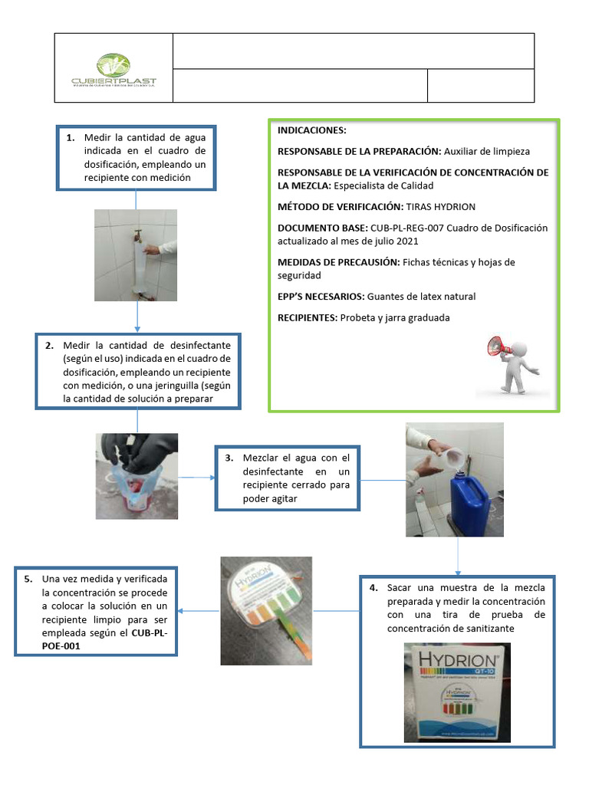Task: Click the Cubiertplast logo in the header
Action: click(x=114, y=70)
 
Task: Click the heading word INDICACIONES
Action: click(x=312, y=131)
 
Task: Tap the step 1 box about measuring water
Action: click(x=136, y=158)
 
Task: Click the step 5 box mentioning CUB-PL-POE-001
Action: click(x=96, y=611)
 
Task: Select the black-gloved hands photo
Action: click(x=137, y=476)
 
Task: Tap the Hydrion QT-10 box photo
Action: click(x=457, y=692)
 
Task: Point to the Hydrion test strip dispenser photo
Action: click(x=266, y=610)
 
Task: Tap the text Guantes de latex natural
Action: click(x=421, y=297)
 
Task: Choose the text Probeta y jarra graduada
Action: click(x=394, y=318)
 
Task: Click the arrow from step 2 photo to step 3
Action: click(x=197, y=478)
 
